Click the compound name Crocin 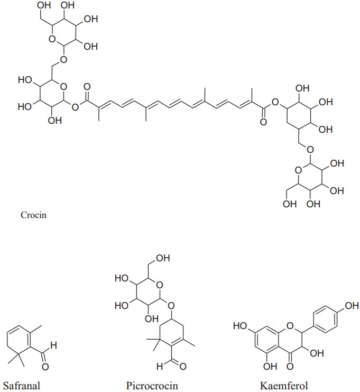[x=33, y=215]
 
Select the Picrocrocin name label [x=152, y=385]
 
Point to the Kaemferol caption [x=284, y=385]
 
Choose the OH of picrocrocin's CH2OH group [x=163, y=258]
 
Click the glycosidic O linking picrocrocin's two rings [x=169, y=305]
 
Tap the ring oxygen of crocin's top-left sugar [x=51, y=38]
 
